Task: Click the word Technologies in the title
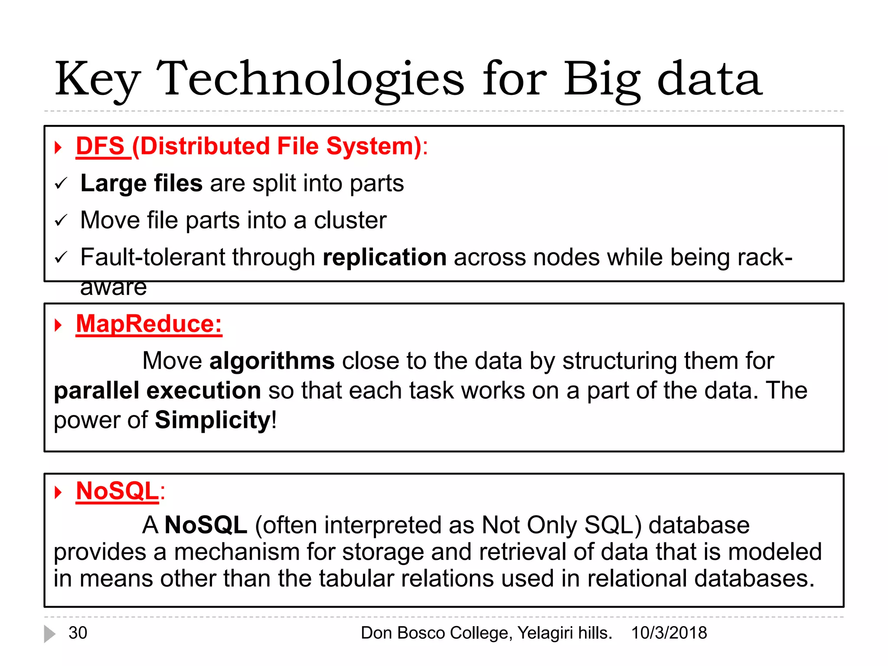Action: pos(310,79)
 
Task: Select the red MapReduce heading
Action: pos(148,324)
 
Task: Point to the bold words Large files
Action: pos(141,183)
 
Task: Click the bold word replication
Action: pos(385,258)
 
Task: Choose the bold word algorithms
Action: pos(272,361)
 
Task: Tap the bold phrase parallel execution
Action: pos(157,391)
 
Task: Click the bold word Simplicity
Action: pos(213,420)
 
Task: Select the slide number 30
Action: pos(78,633)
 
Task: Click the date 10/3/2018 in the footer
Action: pos(669,633)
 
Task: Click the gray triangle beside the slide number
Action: pos(49,634)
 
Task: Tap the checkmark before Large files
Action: pos(61,184)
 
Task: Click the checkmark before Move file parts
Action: pos(61,221)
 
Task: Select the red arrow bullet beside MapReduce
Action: pos(59,325)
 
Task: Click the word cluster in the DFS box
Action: pos(350,221)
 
